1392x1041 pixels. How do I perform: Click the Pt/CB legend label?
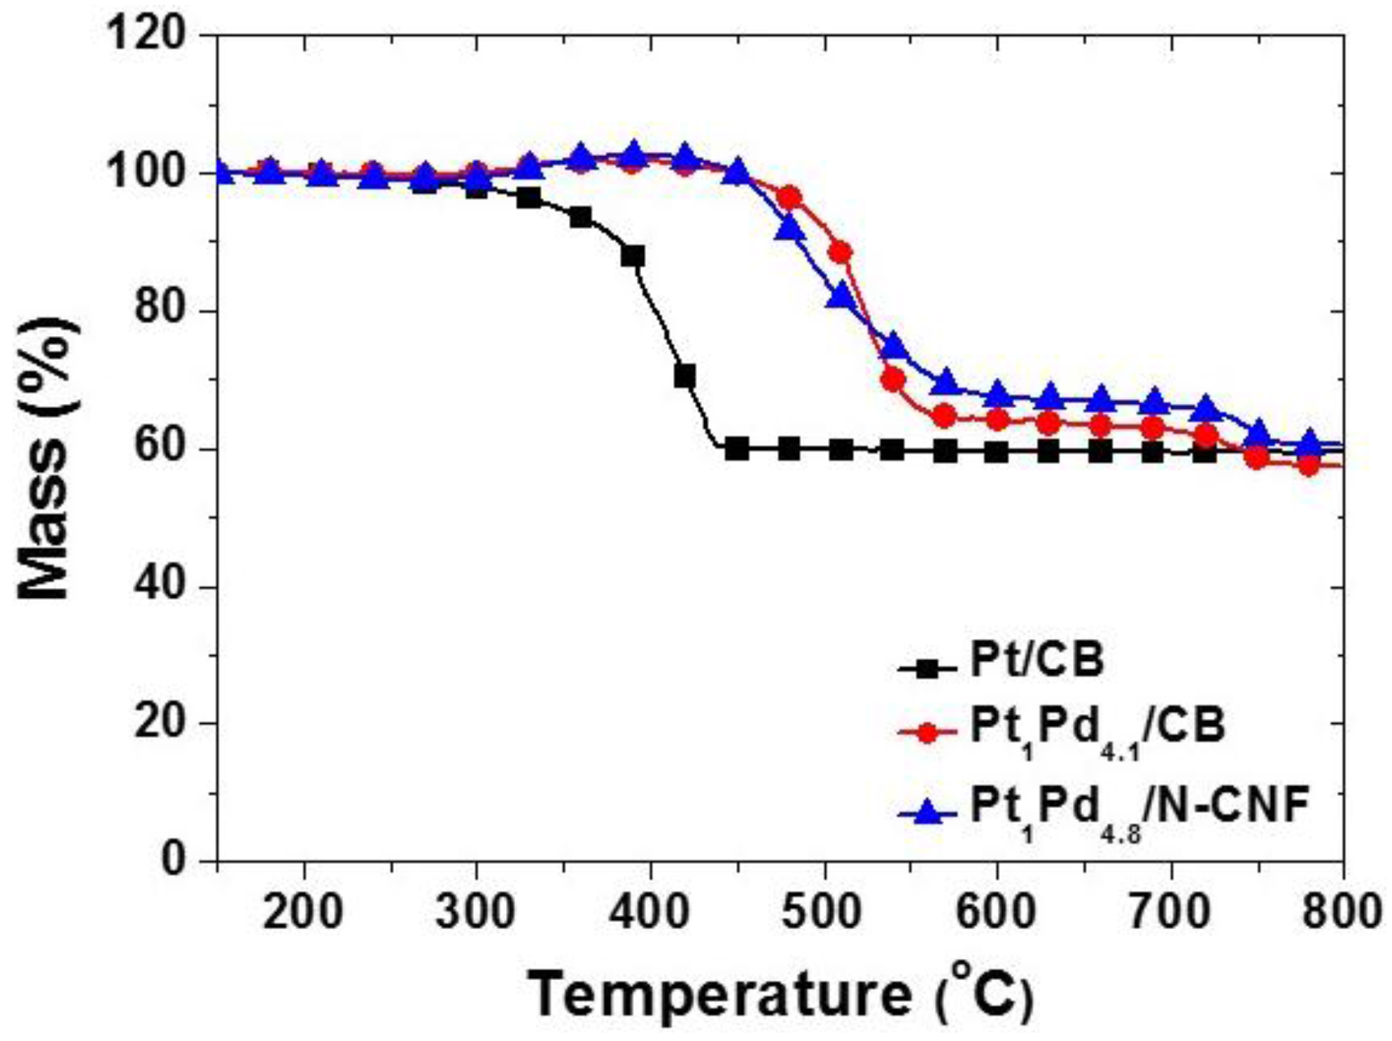tap(1036, 660)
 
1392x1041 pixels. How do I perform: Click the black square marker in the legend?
tap(927, 669)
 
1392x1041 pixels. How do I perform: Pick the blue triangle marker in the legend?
tap(927, 812)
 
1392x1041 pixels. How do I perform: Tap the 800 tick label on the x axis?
tap(1342, 911)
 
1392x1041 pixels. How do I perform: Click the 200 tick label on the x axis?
tap(304, 911)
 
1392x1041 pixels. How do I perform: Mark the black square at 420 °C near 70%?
tap(684, 376)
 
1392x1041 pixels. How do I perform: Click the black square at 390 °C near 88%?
tap(633, 256)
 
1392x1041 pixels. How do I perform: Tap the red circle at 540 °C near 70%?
tap(893, 380)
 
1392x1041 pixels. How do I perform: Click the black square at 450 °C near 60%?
tap(737, 449)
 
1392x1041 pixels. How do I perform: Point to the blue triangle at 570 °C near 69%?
tap(945, 382)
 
